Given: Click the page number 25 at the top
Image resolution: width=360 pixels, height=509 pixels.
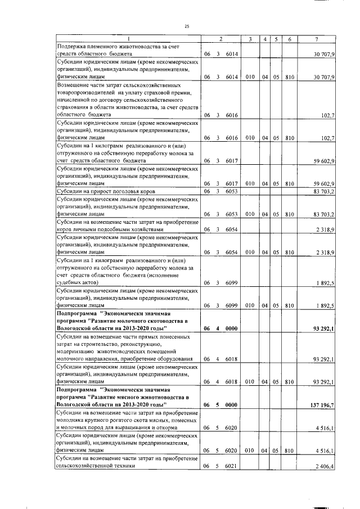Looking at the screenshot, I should point(187,26).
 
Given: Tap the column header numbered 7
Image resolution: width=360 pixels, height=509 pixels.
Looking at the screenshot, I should point(318,39).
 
